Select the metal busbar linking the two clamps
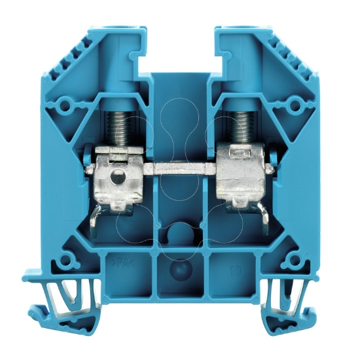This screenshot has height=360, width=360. (x=180, y=169)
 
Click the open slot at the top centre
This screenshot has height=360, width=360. (x=180, y=46)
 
